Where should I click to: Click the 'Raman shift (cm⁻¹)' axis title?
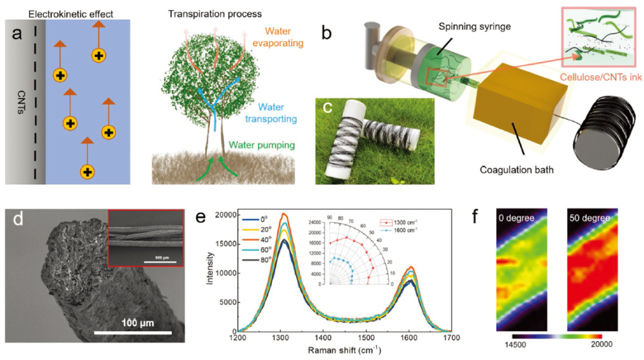(344, 352)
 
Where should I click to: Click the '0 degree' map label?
(516, 218)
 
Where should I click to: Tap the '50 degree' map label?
(589, 218)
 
